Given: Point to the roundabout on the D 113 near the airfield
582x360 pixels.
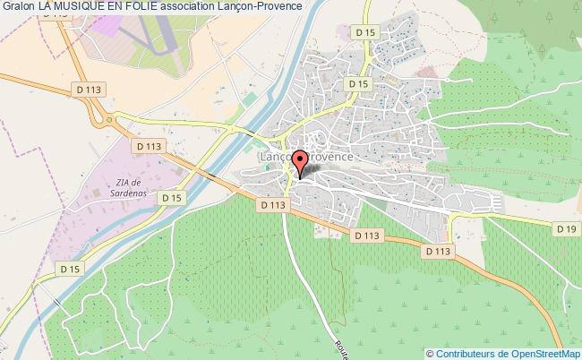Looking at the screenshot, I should (108, 117).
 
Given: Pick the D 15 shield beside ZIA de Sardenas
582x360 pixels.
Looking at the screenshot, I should (173, 197).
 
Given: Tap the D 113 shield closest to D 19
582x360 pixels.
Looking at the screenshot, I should (438, 251).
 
